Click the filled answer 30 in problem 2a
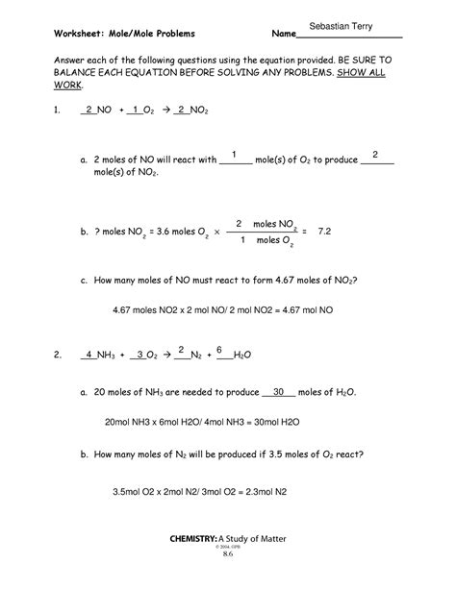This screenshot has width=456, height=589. pyautogui.click(x=279, y=392)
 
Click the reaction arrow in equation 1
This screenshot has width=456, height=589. pyautogui.click(x=165, y=111)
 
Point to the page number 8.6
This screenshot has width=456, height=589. pyautogui.click(x=228, y=580)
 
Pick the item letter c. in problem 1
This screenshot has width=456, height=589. pyautogui.click(x=85, y=282)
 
